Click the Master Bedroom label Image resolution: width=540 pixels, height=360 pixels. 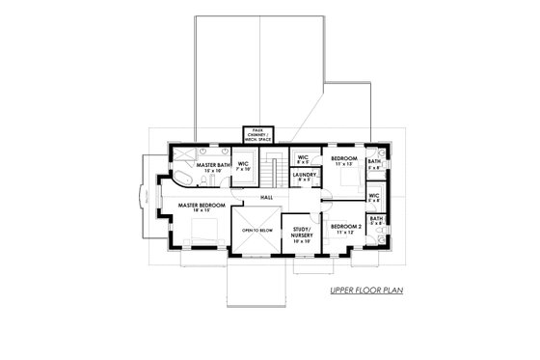tap(200, 206)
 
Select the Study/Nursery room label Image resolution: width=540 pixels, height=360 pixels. tap(301, 233)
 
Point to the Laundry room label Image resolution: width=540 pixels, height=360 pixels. tap(306, 175)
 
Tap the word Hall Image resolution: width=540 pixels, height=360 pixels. tap(266, 199)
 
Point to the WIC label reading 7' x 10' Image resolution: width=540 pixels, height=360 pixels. tap(243, 166)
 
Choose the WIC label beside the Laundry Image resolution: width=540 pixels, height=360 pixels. tap(302, 157)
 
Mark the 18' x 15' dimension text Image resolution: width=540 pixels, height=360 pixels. tap(200, 211)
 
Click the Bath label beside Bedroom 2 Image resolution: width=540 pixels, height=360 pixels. tap(376, 220)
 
